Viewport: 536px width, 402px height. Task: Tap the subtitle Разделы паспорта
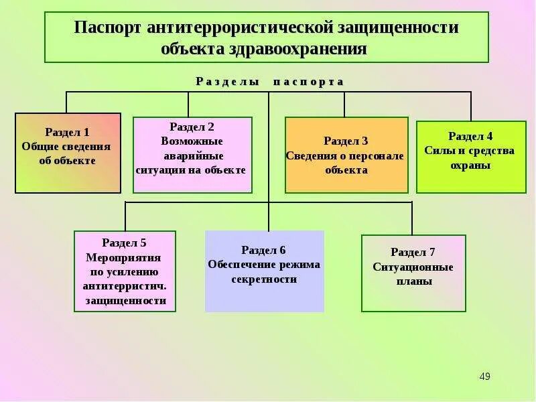click(269, 82)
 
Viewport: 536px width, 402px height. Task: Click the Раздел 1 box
click(68, 153)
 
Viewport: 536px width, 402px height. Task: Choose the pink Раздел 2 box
click(192, 155)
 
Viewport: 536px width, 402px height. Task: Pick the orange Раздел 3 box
click(346, 155)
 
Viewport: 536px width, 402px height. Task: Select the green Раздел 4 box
click(471, 157)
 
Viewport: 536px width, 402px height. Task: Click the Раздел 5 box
click(125, 271)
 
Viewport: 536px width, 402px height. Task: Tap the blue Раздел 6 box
click(264, 271)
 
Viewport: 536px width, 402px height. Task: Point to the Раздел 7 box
click(413, 273)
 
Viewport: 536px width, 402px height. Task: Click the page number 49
click(485, 377)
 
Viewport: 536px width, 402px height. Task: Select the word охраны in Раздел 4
click(470, 165)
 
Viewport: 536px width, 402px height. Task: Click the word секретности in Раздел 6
click(264, 279)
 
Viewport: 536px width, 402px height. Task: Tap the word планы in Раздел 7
click(413, 281)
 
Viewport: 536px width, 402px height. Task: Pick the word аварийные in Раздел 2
click(193, 155)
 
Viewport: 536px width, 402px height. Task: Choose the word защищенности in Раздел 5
click(126, 301)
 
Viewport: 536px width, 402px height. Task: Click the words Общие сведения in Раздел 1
click(66, 146)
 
